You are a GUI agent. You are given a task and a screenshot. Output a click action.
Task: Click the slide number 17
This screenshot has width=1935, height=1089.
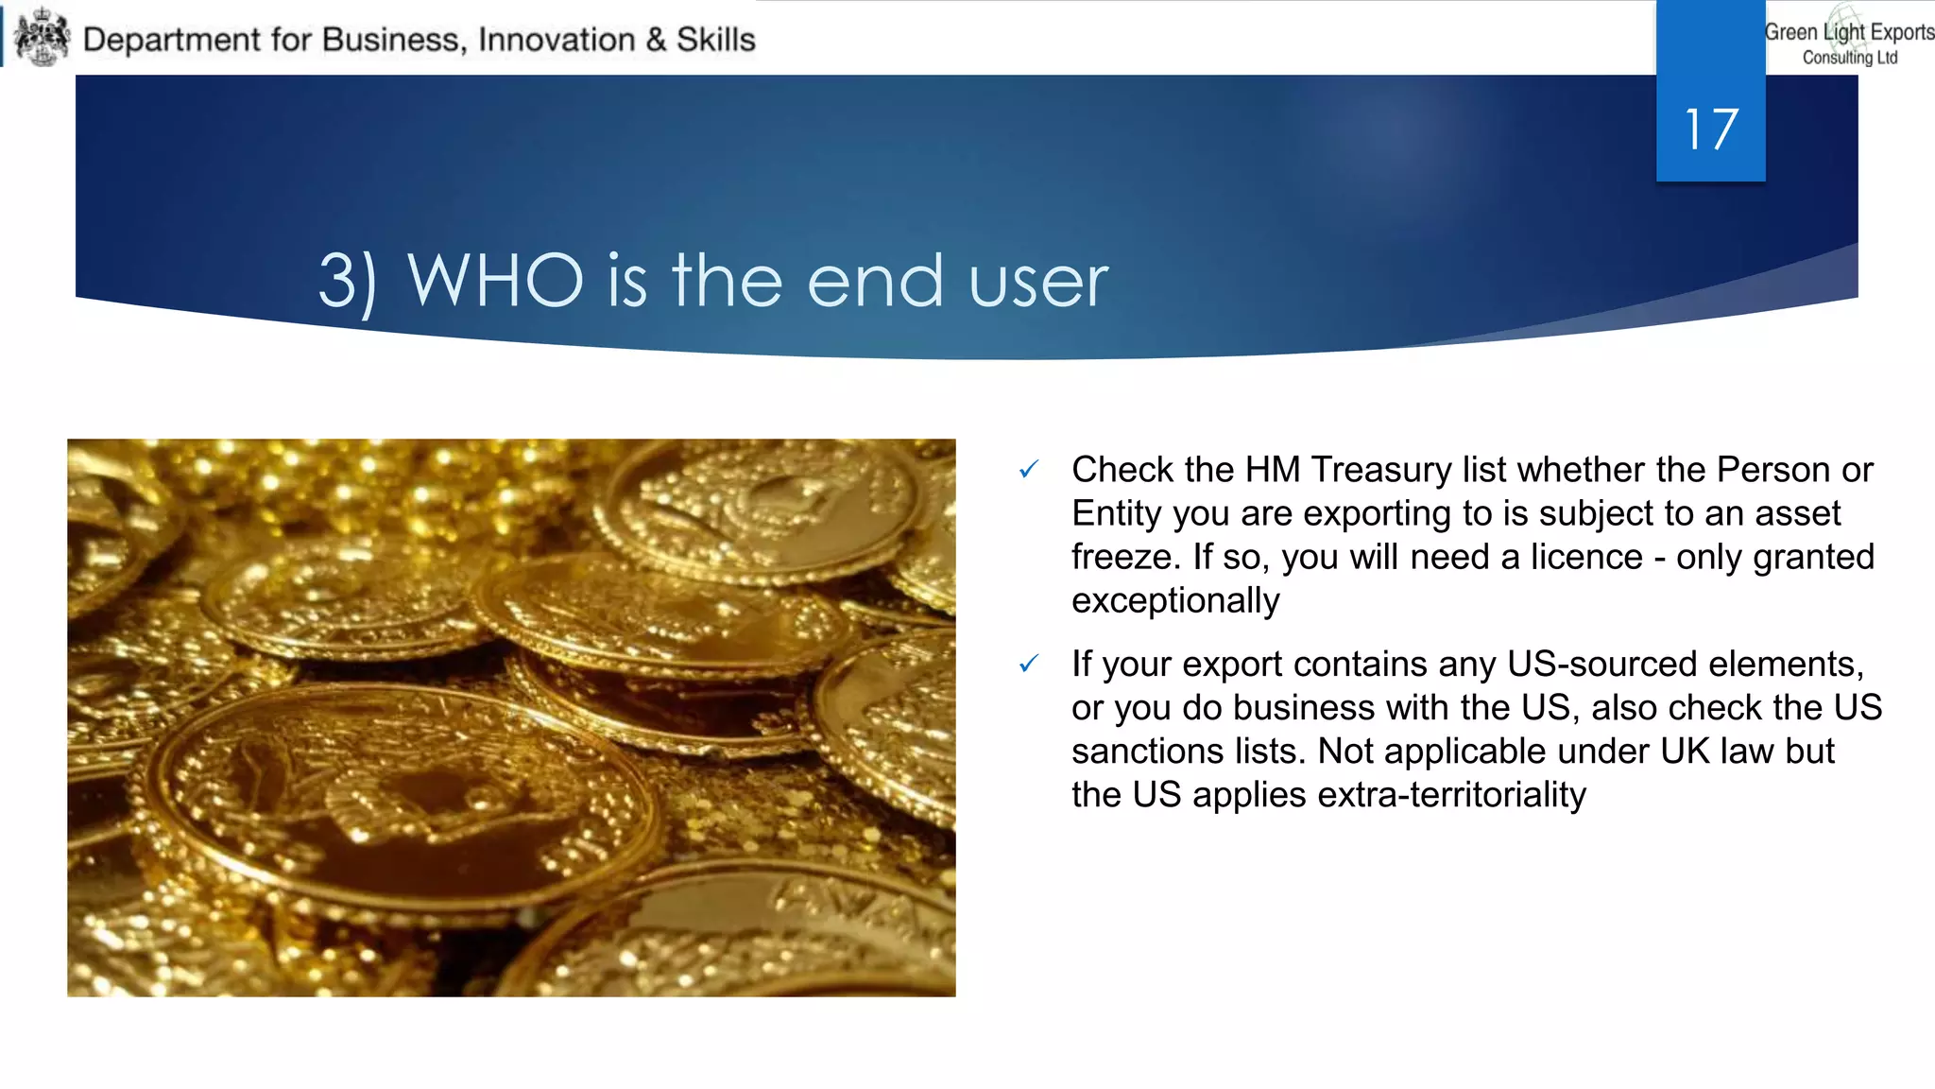click(x=1710, y=130)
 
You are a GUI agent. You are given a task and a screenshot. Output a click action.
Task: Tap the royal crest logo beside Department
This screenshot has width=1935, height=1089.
click(x=43, y=37)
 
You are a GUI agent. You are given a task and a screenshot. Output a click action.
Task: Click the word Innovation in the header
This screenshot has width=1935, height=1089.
click(x=557, y=40)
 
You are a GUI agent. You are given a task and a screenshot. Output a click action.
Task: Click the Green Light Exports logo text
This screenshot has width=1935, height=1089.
click(x=1849, y=32)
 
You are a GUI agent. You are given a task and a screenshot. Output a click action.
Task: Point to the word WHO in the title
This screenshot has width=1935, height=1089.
click(x=495, y=281)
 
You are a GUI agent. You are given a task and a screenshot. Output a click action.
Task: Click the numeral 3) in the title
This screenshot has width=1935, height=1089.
click(x=347, y=282)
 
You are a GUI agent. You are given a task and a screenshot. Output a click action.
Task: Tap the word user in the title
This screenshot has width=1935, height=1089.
click(x=1037, y=283)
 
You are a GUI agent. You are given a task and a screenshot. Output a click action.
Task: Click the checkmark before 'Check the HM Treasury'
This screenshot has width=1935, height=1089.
click(x=1029, y=469)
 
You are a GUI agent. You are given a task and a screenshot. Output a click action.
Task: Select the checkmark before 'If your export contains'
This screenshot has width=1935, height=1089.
click(x=1029, y=665)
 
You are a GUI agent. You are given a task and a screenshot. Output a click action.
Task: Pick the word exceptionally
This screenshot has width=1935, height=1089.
click(x=1175, y=600)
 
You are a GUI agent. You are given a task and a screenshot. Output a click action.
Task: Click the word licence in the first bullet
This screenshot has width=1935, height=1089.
click(x=1586, y=557)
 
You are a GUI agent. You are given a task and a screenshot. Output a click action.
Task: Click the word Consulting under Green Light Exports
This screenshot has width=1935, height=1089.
click(x=1837, y=58)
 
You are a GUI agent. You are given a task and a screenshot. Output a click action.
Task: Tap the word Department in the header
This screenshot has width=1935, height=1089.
click(x=171, y=40)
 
